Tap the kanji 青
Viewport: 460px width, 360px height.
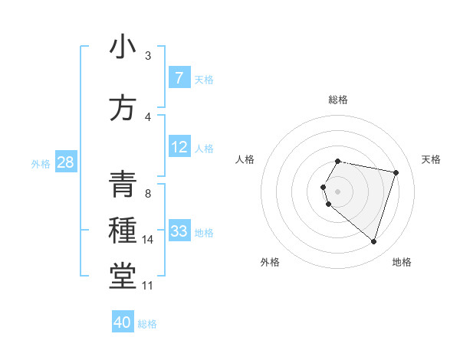coord(123,185)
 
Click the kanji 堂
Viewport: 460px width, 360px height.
coord(123,276)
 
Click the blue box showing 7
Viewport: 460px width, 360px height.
coord(179,77)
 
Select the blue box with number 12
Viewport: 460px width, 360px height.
coord(179,146)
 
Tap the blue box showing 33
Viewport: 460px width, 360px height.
coord(179,231)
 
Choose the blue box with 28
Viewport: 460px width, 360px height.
coord(65,162)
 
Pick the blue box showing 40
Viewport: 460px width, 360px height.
coord(123,322)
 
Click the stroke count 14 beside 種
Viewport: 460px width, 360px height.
coord(148,240)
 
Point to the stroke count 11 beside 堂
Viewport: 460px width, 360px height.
coord(148,286)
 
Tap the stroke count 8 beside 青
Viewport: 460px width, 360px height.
coord(148,193)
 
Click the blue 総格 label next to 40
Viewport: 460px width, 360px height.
coord(147,324)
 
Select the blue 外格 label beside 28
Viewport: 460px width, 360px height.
coord(41,163)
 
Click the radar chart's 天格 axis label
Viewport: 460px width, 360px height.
coord(432,159)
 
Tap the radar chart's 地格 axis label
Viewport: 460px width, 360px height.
coord(402,262)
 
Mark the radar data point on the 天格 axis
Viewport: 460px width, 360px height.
coord(396,172)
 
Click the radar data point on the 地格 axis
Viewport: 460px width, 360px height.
coord(373,242)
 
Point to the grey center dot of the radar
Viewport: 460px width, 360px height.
coord(338,191)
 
